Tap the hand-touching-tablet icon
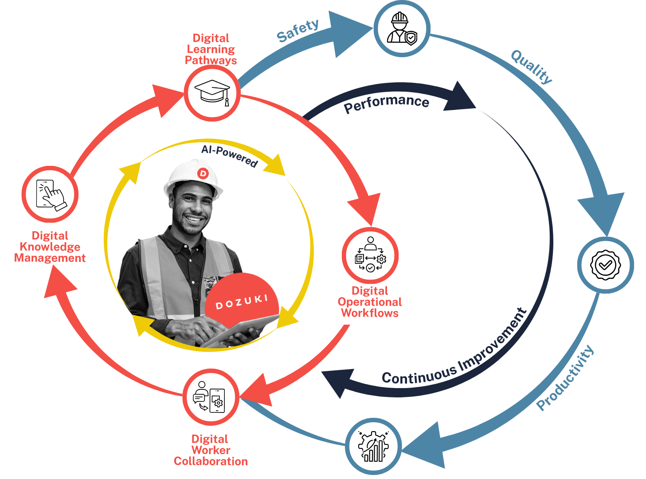tap(50, 194)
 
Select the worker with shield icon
tap(402, 28)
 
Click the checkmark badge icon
tap(605, 265)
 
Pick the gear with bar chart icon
tap(373, 446)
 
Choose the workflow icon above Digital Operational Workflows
tap(370, 255)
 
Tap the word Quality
tap(532, 67)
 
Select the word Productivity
tap(565, 378)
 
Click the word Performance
tap(386, 103)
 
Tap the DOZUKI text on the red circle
tap(242, 302)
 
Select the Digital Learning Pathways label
tap(211, 49)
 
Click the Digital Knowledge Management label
tap(50, 247)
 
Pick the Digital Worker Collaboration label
tap(211, 450)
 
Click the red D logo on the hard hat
tap(203, 173)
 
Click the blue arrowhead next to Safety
tap(348, 33)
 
